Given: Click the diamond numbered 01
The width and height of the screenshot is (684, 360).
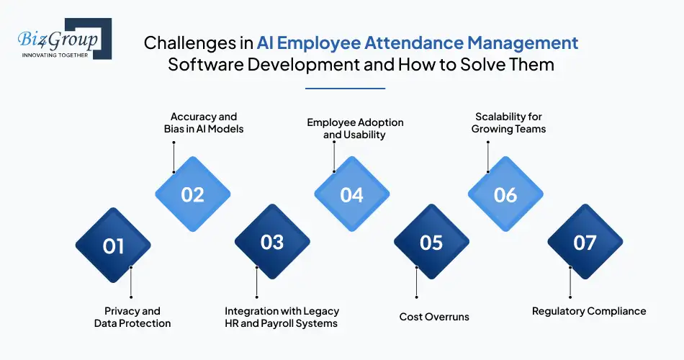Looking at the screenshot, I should (113, 246).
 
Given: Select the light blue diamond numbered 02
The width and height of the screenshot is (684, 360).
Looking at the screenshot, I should (193, 195).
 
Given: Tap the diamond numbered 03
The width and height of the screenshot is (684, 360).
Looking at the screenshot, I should (272, 242).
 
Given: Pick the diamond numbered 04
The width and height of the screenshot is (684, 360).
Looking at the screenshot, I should (351, 195).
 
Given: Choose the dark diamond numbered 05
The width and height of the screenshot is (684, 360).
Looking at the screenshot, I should (431, 243).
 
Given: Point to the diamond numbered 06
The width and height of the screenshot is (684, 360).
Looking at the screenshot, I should (505, 195).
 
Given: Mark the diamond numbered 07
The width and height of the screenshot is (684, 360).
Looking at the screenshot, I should (585, 243).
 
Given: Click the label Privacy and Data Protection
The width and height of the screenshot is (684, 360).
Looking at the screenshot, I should (132, 318).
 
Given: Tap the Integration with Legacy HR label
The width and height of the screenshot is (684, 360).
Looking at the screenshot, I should (282, 318).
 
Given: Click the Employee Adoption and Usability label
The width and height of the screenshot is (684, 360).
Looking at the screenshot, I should (355, 128).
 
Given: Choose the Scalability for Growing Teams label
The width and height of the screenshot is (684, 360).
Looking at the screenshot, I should (508, 122).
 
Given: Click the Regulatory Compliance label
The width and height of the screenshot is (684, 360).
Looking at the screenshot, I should (589, 311).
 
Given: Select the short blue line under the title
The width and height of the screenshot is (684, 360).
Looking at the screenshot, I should (346, 88).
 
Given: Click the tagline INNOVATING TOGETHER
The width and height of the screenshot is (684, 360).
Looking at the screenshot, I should (55, 55).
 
